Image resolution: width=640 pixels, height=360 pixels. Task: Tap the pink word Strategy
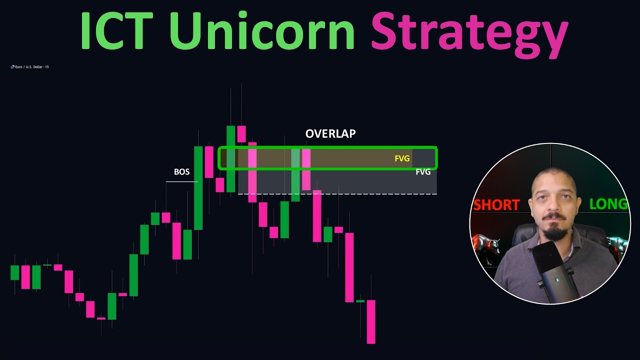(x=469, y=33)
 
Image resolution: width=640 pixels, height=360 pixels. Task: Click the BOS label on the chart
(x=181, y=172)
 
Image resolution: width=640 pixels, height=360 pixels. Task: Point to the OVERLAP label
(x=330, y=134)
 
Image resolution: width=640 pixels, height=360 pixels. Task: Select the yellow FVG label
(x=402, y=158)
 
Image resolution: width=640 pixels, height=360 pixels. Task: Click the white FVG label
(x=423, y=172)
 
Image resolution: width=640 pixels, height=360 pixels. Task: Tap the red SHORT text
(x=496, y=205)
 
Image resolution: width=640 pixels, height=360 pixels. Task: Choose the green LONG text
(x=608, y=204)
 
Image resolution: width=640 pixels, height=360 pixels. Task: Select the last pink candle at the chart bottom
(x=371, y=321)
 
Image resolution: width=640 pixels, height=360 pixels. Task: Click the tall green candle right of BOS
(x=198, y=187)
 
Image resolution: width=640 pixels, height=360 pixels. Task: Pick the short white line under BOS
(x=181, y=182)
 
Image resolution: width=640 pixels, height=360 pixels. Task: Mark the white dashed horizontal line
(x=337, y=193)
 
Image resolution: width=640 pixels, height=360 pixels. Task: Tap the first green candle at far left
(x=15, y=272)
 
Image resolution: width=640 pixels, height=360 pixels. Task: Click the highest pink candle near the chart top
(x=241, y=134)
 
